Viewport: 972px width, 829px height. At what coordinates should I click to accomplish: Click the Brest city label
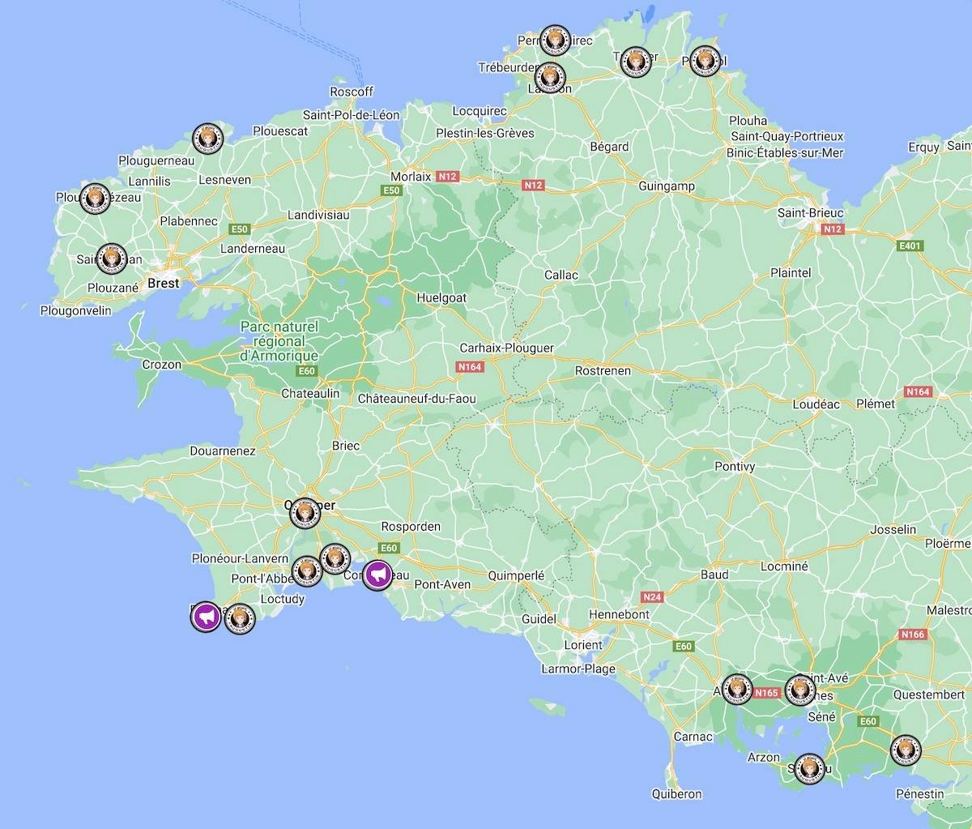pyautogui.click(x=163, y=284)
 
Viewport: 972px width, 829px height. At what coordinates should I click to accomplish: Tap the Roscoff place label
pyautogui.click(x=352, y=92)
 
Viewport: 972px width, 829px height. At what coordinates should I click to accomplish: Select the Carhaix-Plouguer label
pyautogui.click(x=506, y=348)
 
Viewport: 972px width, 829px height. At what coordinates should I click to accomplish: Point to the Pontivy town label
pyautogui.click(x=735, y=466)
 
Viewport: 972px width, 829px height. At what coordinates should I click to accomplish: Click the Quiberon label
pyautogui.click(x=676, y=793)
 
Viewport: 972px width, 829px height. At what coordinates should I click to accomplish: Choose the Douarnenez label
pyautogui.click(x=223, y=451)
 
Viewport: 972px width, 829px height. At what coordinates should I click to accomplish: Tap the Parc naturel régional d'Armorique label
pyautogui.click(x=279, y=340)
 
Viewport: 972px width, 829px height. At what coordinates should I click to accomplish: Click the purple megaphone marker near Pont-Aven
pyautogui.click(x=377, y=575)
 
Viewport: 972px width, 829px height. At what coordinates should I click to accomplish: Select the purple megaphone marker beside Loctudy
pyautogui.click(x=206, y=617)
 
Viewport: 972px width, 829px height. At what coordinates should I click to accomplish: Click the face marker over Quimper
pyautogui.click(x=305, y=512)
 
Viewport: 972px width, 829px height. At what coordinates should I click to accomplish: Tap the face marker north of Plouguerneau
pyautogui.click(x=208, y=139)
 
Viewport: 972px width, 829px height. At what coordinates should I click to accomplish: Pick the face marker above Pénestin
pyautogui.click(x=905, y=750)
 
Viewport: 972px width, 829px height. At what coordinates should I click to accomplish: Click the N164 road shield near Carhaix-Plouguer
pyautogui.click(x=470, y=367)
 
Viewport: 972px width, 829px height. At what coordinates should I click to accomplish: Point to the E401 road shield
pyautogui.click(x=910, y=246)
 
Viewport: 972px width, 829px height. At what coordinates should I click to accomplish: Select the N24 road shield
pyautogui.click(x=651, y=597)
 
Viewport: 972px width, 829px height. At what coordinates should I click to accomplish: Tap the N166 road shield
pyautogui.click(x=912, y=634)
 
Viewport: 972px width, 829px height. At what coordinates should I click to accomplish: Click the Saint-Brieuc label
pyautogui.click(x=811, y=213)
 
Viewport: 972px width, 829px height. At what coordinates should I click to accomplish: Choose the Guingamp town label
pyautogui.click(x=667, y=186)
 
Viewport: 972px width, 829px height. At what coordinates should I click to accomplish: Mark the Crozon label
pyautogui.click(x=162, y=365)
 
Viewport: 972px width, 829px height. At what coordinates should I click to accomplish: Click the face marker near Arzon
pyautogui.click(x=808, y=767)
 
